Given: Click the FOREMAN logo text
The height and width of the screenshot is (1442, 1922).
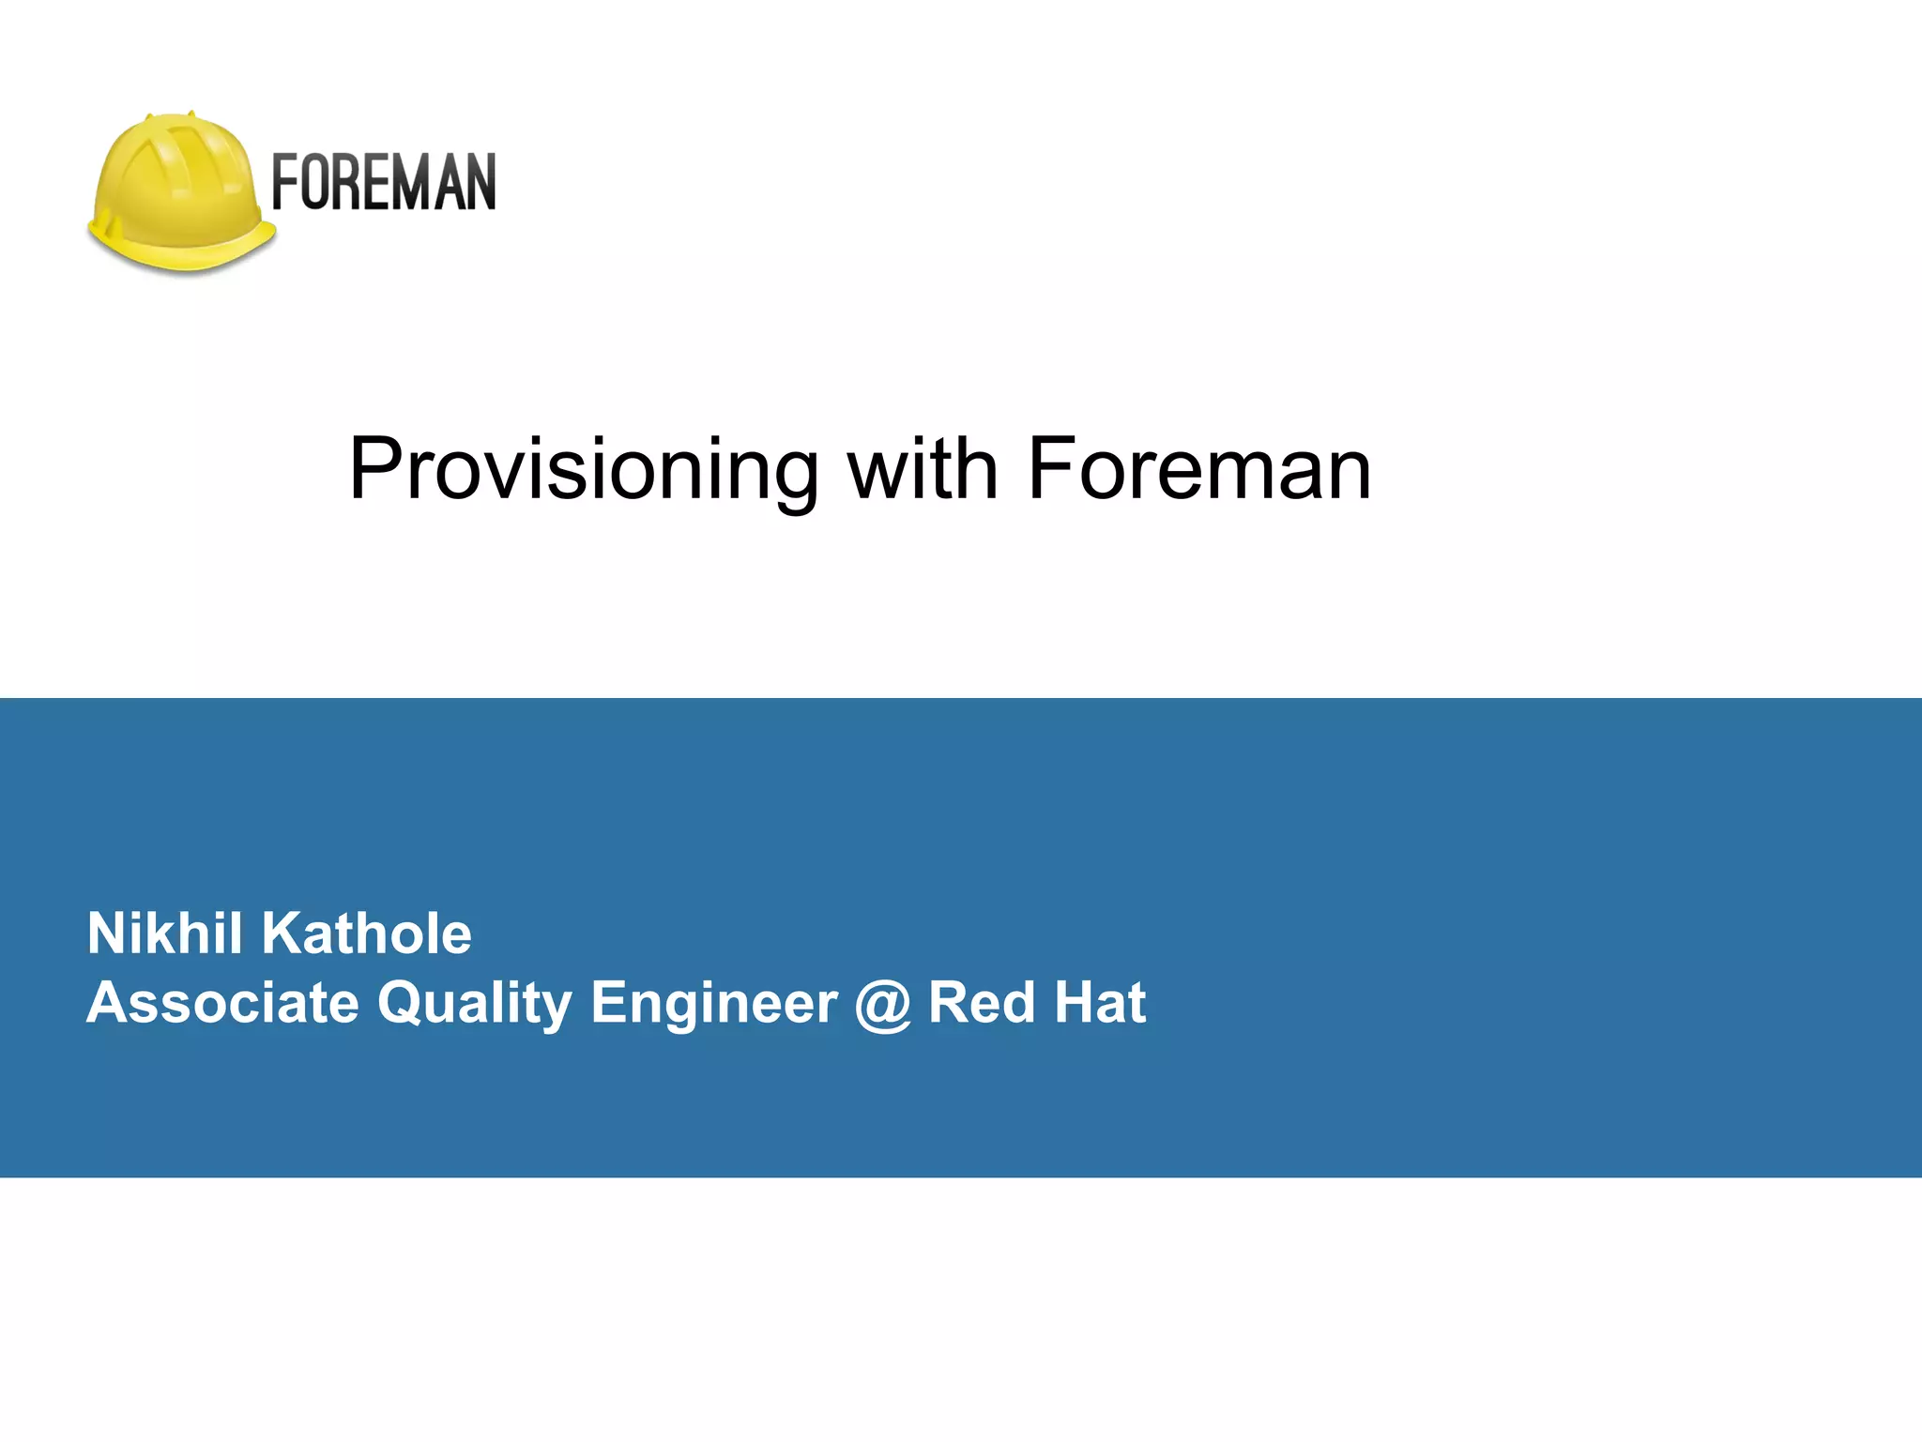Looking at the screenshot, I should coord(383,182).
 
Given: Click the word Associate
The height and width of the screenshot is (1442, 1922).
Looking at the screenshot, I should coord(223,1002).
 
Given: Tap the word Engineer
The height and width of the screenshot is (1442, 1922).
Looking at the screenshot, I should coord(714,1002).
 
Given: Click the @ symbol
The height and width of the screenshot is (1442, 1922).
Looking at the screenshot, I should coord(883,1004).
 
